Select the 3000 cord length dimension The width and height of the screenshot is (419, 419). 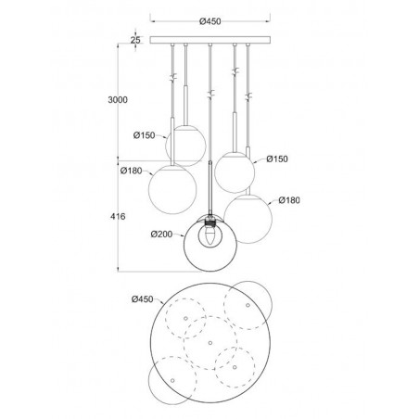[x=117, y=99]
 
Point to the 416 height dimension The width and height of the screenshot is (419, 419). [x=117, y=215]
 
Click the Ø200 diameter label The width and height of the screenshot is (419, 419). [x=163, y=234]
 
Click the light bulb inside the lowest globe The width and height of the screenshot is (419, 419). [x=210, y=236]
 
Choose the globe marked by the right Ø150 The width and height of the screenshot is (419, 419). [x=235, y=167]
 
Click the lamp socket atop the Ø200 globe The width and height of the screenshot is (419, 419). [x=210, y=221]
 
